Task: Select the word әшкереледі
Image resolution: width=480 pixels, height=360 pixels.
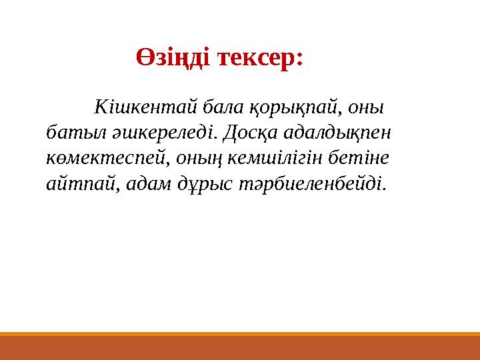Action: click(x=159, y=133)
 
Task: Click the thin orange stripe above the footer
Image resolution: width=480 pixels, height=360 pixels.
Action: click(x=240, y=334)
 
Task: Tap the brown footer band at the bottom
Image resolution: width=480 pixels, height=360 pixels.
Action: click(x=240, y=348)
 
